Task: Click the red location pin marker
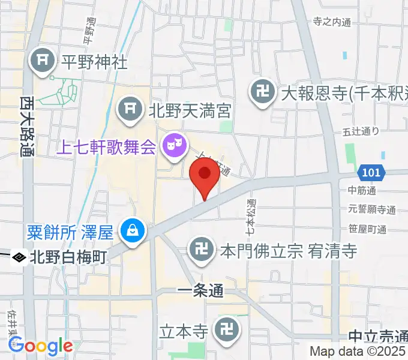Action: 204,175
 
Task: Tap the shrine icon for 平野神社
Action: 44,61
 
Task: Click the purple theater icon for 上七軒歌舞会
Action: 175,144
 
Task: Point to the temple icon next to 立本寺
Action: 227,329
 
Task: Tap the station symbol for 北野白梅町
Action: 19,257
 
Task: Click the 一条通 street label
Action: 200,291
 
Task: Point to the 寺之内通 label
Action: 332,22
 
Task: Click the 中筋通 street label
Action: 361,191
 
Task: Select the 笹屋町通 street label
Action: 366,229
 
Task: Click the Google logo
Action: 40,346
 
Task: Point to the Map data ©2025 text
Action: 358,351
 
